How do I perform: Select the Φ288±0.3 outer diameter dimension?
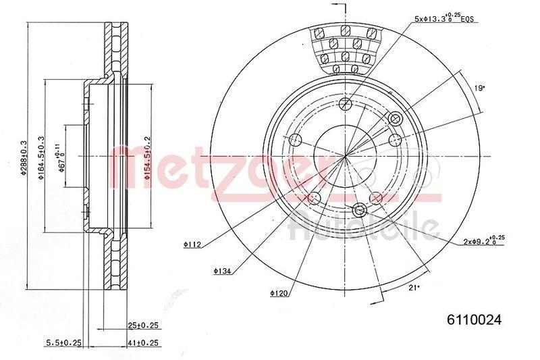(23, 156)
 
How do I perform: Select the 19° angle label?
(479, 88)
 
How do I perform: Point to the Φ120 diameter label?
(279, 293)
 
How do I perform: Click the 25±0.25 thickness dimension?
(143, 326)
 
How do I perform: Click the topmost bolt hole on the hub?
(346, 104)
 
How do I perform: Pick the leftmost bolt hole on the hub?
(294, 140)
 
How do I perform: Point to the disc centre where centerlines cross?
(346, 156)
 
